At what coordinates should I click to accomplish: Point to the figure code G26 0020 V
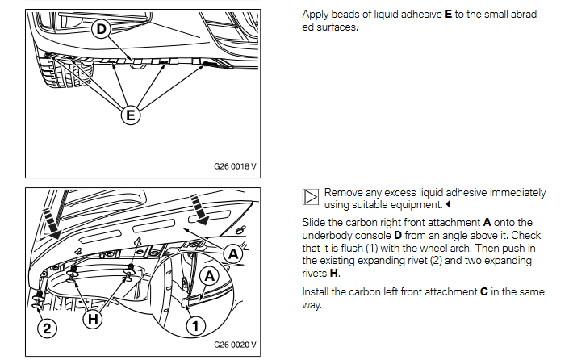[235, 345]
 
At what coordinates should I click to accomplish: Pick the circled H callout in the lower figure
[94, 319]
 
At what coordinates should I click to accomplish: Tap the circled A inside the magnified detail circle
[209, 276]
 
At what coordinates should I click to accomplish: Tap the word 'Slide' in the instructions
[313, 221]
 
